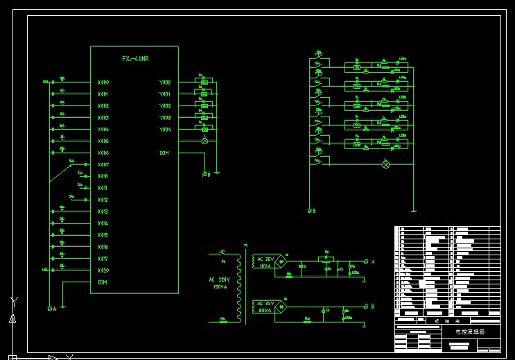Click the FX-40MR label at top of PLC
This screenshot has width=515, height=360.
click(135, 58)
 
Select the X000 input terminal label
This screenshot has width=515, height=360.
click(103, 83)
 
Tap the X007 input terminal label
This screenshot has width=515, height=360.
click(103, 165)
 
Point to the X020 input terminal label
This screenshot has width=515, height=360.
click(103, 271)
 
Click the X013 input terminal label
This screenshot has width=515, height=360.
click(103, 212)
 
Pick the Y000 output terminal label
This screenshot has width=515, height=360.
click(164, 83)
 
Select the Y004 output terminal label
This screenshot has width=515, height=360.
click(164, 130)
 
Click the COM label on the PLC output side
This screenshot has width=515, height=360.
click(164, 153)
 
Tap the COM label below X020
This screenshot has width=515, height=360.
click(103, 282)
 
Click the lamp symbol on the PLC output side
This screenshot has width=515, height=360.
click(204, 142)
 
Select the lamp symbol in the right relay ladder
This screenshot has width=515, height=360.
click(387, 164)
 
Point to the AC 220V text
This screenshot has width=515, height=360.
click(220, 280)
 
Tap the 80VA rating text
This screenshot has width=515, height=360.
click(265, 311)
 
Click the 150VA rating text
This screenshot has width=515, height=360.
click(220, 286)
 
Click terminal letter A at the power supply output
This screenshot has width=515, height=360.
click(373, 262)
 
